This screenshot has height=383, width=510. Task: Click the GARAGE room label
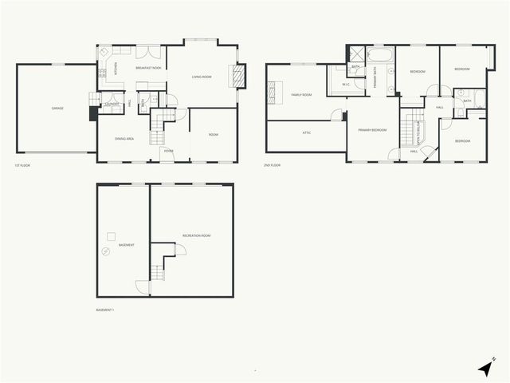click(57, 108)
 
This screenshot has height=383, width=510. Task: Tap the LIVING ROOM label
click(202, 77)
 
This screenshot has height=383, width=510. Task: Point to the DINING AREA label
click(124, 139)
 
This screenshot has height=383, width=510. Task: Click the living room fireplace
click(234, 76)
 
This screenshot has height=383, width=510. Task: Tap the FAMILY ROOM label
click(300, 94)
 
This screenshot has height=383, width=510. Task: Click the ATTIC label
click(306, 132)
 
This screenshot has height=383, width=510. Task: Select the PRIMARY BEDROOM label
click(372, 129)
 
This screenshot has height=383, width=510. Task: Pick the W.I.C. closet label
click(347, 84)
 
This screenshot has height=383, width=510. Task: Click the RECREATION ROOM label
click(196, 236)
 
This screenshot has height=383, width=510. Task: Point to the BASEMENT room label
click(127, 245)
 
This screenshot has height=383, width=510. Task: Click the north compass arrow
click(486, 368)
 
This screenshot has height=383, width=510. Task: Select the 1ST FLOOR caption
click(22, 166)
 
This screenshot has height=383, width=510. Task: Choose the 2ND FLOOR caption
click(273, 165)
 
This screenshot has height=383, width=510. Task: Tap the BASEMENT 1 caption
click(104, 309)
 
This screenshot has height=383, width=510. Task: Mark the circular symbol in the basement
click(104, 251)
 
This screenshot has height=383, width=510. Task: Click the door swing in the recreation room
click(181, 250)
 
